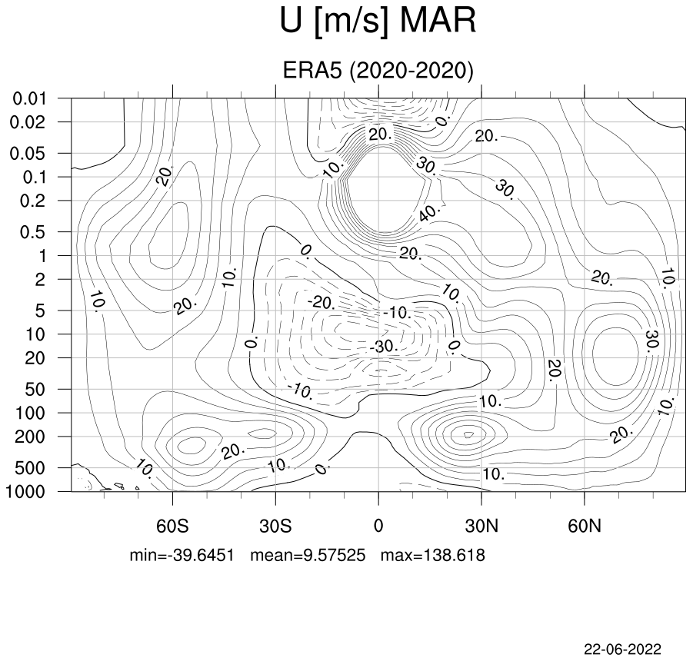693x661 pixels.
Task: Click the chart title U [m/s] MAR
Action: (x=378, y=22)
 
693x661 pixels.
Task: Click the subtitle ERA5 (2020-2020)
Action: (x=378, y=70)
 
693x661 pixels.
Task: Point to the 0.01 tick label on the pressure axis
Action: (x=29, y=98)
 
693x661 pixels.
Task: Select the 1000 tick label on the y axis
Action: (x=25, y=491)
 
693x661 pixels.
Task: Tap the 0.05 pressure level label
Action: (x=28, y=154)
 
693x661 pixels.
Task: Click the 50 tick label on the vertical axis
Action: (x=35, y=390)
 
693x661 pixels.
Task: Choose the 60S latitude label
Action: (x=172, y=526)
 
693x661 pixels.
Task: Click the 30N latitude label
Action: (x=481, y=526)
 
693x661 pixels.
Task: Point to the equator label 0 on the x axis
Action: (x=378, y=526)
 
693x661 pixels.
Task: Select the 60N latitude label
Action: (x=585, y=526)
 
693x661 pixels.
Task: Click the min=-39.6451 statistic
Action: (x=182, y=555)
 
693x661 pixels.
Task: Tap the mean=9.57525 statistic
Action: (x=308, y=555)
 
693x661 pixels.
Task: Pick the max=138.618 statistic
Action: (x=433, y=555)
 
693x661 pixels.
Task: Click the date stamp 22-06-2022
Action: (x=623, y=649)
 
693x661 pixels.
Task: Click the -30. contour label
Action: (x=384, y=346)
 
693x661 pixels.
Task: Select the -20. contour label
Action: (x=322, y=303)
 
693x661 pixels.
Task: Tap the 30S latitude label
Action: (x=275, y=526)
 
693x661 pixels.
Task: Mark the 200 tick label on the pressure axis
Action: (x=31, y=437)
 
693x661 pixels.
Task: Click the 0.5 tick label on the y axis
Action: (x=33, y=232)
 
